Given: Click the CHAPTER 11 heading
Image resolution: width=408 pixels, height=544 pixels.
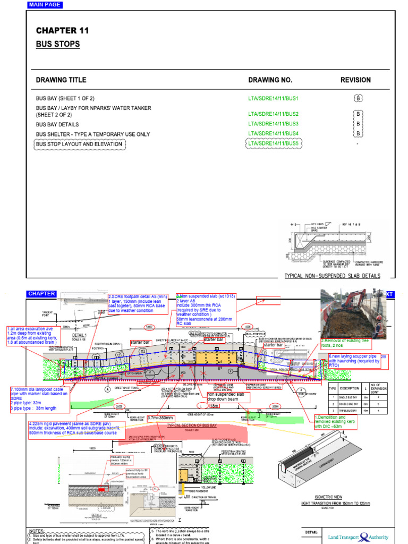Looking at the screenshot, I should pyautogui.click(x=63, y=31).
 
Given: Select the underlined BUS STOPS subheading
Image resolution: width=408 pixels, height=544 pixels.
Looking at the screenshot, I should pyautogui.click(x=58, y=44).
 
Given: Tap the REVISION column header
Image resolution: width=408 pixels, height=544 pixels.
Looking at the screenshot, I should pyautogui.click(x=355, y=80).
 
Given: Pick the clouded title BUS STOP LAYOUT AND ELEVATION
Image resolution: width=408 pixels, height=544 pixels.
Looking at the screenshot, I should pyautogui.click(x=79, y=144).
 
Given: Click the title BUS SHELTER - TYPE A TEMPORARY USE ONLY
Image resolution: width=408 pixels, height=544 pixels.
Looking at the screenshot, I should pyautogui.click(x=93, y=134).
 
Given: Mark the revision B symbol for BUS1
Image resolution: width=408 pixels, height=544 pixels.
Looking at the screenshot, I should pyautogui.click(x=358, y=98).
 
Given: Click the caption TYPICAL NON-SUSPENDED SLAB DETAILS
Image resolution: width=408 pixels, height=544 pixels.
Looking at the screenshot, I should pyautogui.click(x=333, y=276).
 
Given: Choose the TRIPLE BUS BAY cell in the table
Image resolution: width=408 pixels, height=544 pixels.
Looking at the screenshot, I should pyautogui.click(x=351, y=411).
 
